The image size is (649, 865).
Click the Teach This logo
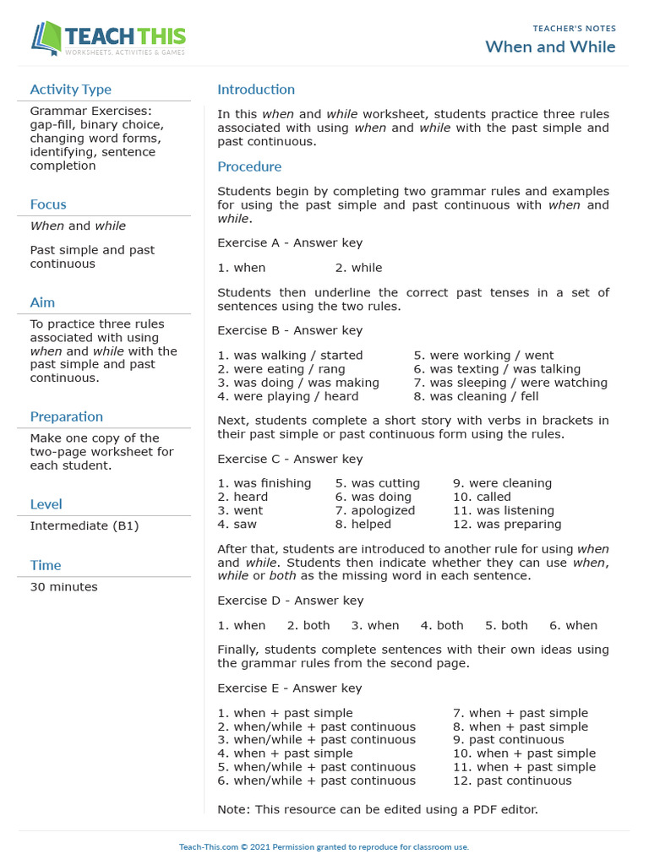[108, 38]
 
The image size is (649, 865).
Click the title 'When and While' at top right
[550, 46]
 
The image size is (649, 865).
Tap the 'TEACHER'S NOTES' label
[574, 29]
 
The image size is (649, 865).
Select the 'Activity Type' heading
[70, 90]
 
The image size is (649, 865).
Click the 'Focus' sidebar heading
[48, 204]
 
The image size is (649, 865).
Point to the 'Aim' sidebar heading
[42, 302]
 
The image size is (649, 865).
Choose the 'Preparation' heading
[66, 416]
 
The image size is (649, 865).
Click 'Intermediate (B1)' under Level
[84, 525]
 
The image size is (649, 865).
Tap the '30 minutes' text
[63, 587]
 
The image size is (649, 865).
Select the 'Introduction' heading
[256, 90]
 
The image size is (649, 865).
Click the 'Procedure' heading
[249, 166]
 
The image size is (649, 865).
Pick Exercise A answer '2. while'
[358, 268]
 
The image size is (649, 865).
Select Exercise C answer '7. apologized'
[375, 510]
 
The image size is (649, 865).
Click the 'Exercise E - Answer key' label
[290, 688]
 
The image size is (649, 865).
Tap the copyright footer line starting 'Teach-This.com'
[324, 846]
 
